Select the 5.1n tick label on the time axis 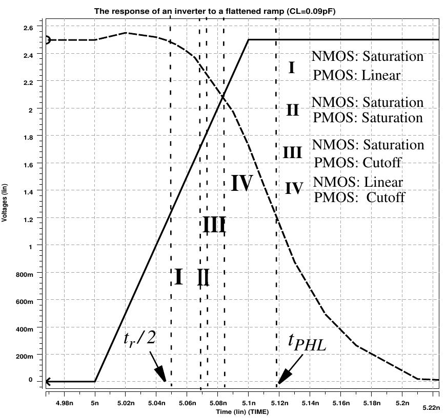coord(248,403)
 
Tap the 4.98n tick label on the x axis coord(63,403)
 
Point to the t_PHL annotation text coord(307,347)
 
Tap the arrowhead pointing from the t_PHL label coord(282,379)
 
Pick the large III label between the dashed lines coord(214,225)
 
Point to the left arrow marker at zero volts coord(48,381)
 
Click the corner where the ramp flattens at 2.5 coord(249,39)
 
